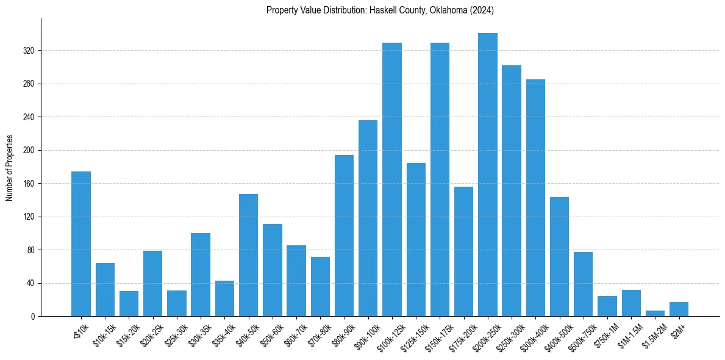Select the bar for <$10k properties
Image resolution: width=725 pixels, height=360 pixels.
click(x=81, y=244)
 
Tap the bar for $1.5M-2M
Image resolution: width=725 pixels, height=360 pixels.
click(x=655, y=314)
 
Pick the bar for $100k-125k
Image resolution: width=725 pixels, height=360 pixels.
click(x=392, y=179)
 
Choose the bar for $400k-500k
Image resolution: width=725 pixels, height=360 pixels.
click(x=559, y=257)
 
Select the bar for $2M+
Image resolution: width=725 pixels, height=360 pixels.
click(x=679, y=309)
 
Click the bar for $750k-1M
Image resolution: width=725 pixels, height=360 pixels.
click(x=607, y=306)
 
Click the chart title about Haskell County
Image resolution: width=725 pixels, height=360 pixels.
click(x=380, y=10)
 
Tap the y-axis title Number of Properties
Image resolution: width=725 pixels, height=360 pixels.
click(x=9, y=168)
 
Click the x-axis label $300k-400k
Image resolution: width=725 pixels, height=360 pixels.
click(x=531, y=334)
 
